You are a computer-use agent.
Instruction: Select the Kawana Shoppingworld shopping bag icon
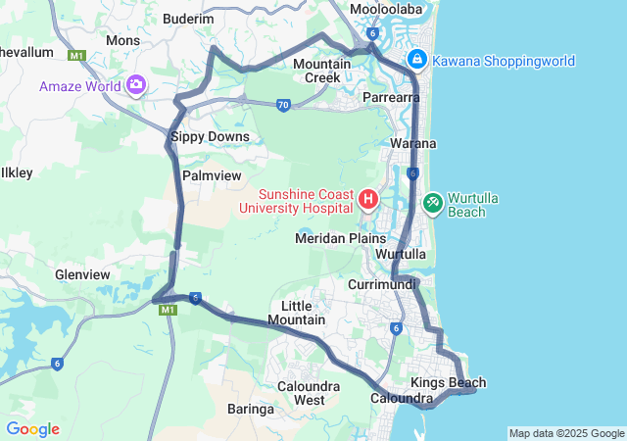point(416,61)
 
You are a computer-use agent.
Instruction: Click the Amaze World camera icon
point(136,85)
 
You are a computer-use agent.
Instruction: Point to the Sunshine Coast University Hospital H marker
point(368,201)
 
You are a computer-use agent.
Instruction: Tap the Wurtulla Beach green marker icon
point(432,203)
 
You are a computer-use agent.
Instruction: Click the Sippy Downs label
point(210,137)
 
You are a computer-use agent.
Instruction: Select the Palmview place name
point(212,175)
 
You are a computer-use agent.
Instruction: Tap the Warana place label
point(413,143)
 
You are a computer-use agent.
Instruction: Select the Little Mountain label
point(297,314)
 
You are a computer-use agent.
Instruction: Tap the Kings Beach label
point(448,382)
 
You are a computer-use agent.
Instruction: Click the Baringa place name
point(251,409)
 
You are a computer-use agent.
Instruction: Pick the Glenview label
point(83,275)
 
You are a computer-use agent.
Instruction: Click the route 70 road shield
point(282,105)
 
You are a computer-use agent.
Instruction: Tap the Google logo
point(32,428)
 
